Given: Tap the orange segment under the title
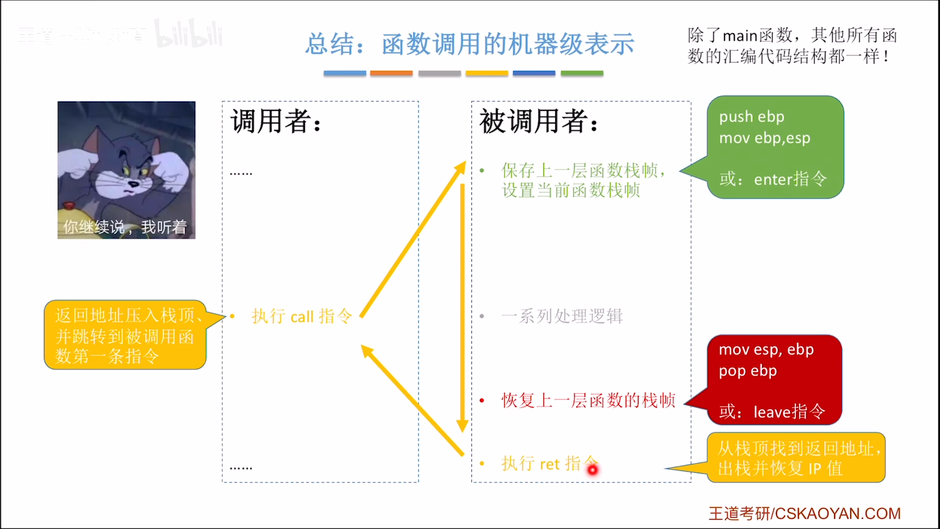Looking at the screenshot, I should coord(391,73).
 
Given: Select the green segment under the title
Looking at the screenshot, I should coord(582,73).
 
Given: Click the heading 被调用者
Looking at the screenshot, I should coord(538,121).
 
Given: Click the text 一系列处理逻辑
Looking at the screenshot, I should coord(562,316).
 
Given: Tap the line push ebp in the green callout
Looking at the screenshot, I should coord(752,117).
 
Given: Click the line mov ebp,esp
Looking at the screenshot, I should coord(764,138).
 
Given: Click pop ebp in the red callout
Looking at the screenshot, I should coord(748,371).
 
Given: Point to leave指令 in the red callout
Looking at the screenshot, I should coord(789,412).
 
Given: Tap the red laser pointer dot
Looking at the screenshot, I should coord(593,469).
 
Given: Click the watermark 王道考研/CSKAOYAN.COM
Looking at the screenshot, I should coord(804,514).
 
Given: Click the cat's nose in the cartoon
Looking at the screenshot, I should coord(133,183).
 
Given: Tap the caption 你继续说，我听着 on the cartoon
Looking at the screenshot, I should coord(125,227).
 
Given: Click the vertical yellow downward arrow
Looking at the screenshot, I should coord(462,305).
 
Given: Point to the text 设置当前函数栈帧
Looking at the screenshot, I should coord(571,190).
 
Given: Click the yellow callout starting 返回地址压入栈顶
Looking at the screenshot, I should coord(125,335).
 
